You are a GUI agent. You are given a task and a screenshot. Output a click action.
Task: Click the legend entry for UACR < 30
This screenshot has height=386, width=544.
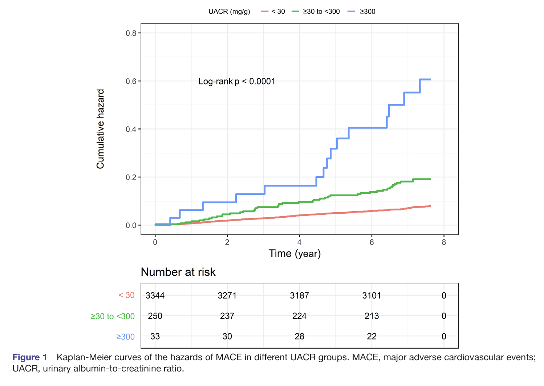273,12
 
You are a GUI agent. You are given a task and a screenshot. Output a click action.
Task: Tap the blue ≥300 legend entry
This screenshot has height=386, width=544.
362,12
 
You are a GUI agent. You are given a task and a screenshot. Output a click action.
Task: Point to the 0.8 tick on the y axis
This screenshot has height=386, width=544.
131,33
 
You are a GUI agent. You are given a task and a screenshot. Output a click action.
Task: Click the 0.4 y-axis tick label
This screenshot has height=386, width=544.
131,130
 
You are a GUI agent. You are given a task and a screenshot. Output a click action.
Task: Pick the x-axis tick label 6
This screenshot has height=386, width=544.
372,242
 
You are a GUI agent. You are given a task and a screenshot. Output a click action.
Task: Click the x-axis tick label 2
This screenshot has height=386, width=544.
227,242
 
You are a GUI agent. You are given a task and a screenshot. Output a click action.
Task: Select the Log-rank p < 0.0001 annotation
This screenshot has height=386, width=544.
237,82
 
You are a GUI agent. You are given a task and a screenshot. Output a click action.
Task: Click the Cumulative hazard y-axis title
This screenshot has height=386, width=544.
101,129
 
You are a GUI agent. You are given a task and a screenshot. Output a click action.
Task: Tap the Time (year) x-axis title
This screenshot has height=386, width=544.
295,254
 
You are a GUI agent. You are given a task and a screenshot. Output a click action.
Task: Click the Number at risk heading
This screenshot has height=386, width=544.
178,272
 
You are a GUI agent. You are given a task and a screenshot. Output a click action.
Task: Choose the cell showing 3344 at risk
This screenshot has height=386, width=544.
155,296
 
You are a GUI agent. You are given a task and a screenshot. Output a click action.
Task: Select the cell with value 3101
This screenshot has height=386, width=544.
372,296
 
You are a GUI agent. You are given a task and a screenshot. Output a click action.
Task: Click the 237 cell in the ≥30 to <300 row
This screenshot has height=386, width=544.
227,316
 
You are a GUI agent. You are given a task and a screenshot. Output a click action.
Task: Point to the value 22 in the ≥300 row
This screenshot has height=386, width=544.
372,337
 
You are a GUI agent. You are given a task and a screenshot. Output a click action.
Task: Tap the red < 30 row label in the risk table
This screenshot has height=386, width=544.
126,296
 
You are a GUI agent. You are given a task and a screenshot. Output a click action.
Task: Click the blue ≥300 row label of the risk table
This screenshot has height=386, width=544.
125,337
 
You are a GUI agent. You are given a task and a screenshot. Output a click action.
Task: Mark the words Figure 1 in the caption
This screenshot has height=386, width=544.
30,357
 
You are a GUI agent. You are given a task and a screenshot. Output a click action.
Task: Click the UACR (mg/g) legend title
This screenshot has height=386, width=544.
229,12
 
